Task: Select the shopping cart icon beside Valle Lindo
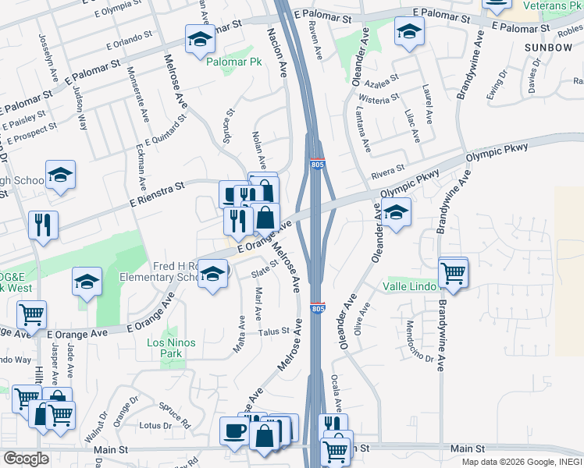(x=453, y=273)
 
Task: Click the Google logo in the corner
(x=26, y=459)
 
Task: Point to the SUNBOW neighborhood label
(x=548, y=48)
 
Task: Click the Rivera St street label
(x=388, y=168)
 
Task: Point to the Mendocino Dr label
(x=418, y=342)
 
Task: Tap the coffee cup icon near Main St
(x=234, y=430)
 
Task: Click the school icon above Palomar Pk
(x=200, y=39)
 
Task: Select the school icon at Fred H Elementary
(x=212, y=274)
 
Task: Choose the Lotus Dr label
(x=155, y=426)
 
